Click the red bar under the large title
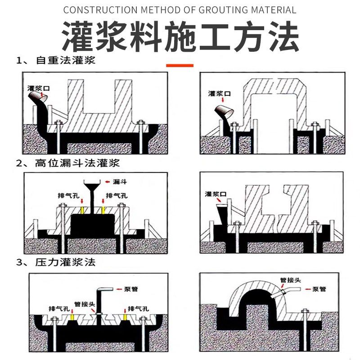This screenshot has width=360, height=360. [180, 66]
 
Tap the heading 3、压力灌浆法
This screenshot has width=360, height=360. [56, 262]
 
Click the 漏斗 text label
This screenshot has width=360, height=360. [119, 182]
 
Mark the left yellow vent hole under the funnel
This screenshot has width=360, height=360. [82, 210]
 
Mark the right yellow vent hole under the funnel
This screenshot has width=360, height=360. [103, 210]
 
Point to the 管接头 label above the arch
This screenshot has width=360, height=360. [290, 280]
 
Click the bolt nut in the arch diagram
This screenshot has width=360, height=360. [304, 310]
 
